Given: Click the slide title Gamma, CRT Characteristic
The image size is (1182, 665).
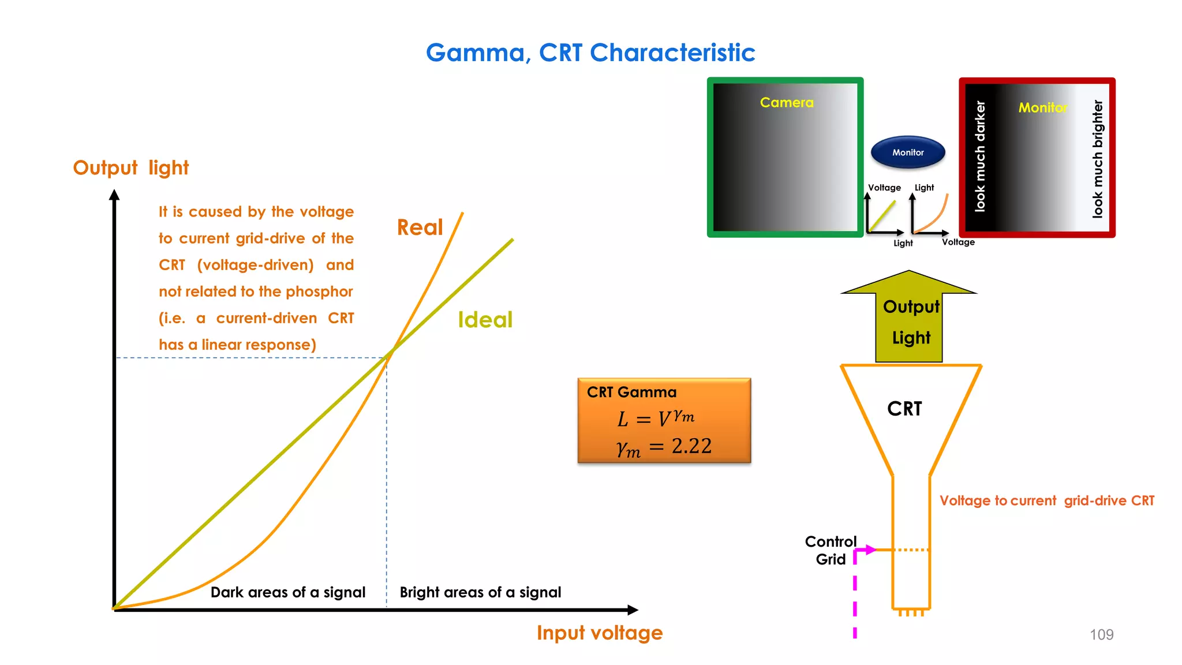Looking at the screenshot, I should pyautogui.click(x=590, y=53).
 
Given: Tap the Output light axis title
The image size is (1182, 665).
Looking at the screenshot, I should pyautogui.click(x=130, y=168).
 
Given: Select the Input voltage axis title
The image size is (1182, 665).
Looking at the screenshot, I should pyautogui.click(x=599, y=633).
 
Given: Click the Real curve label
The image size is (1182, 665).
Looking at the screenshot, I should pyautogui.click(x=420, y=227).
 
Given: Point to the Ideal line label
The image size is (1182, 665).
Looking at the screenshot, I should pyautogui.click(x=485, y=319).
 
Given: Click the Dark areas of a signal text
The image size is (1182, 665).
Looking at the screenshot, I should pyautogui.click(x=287, y=592).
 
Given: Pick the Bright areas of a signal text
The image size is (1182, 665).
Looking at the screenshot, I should pyautogui.click(x=480, y=592).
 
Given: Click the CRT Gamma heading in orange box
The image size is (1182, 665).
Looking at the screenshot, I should pyautogui.click(x=631, y=393).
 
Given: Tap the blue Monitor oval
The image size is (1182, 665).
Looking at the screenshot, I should pyautogui.click(x=908, y=152).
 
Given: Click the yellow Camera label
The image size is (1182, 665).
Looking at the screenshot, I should pyautogui.click(x=786, y=103).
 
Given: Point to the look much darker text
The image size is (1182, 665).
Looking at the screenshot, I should pyautogui.click(x=980, y=156).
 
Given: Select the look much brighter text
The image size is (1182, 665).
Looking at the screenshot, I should pyautogui.click(x=1097, y=159).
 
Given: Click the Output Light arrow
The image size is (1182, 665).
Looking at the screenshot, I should pyautogui.click(x=910, y=320).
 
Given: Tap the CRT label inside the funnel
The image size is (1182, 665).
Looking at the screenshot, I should pyautogui.click(x=904, y=409).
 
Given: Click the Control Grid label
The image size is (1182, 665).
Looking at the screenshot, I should pyautogui.click(x=831, y=550).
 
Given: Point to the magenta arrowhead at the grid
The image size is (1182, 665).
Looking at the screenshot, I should pyautogui.click(x=870, y=550).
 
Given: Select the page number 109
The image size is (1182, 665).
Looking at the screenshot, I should pyautogui.click(x=1101, y=634).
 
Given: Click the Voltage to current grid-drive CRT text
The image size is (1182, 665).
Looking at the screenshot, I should pyautogui.click(x=1046, y=500).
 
